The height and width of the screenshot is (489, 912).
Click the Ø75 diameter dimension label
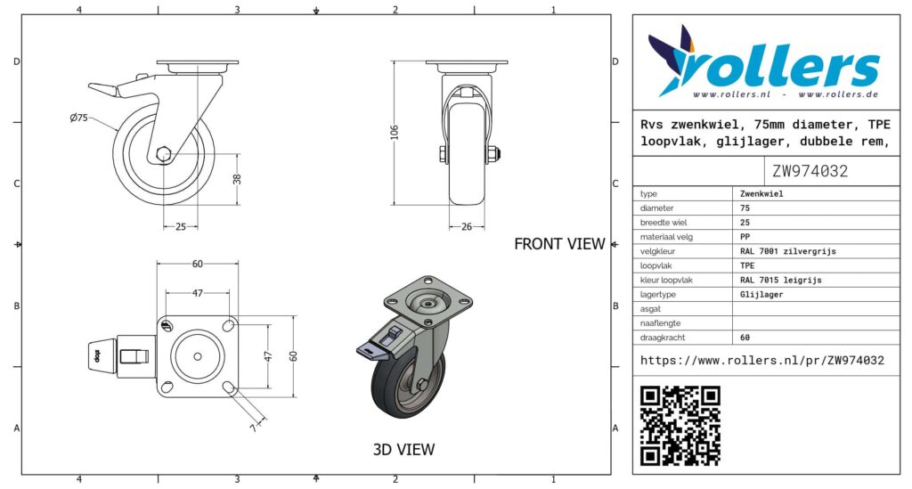click(x=78, y=118)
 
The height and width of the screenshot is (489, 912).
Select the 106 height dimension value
click(x=395, y=132)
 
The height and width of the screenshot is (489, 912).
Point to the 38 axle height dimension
click(x=237, y=179)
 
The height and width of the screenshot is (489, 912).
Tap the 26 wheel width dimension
click(x=467, y=227)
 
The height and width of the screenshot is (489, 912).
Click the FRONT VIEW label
click(x=559, y=244)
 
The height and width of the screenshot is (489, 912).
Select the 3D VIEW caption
click(x=403, y=450)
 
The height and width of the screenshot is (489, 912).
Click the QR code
click(x=680, y=426)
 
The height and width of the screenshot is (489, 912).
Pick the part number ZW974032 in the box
click(x=810, y=171)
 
